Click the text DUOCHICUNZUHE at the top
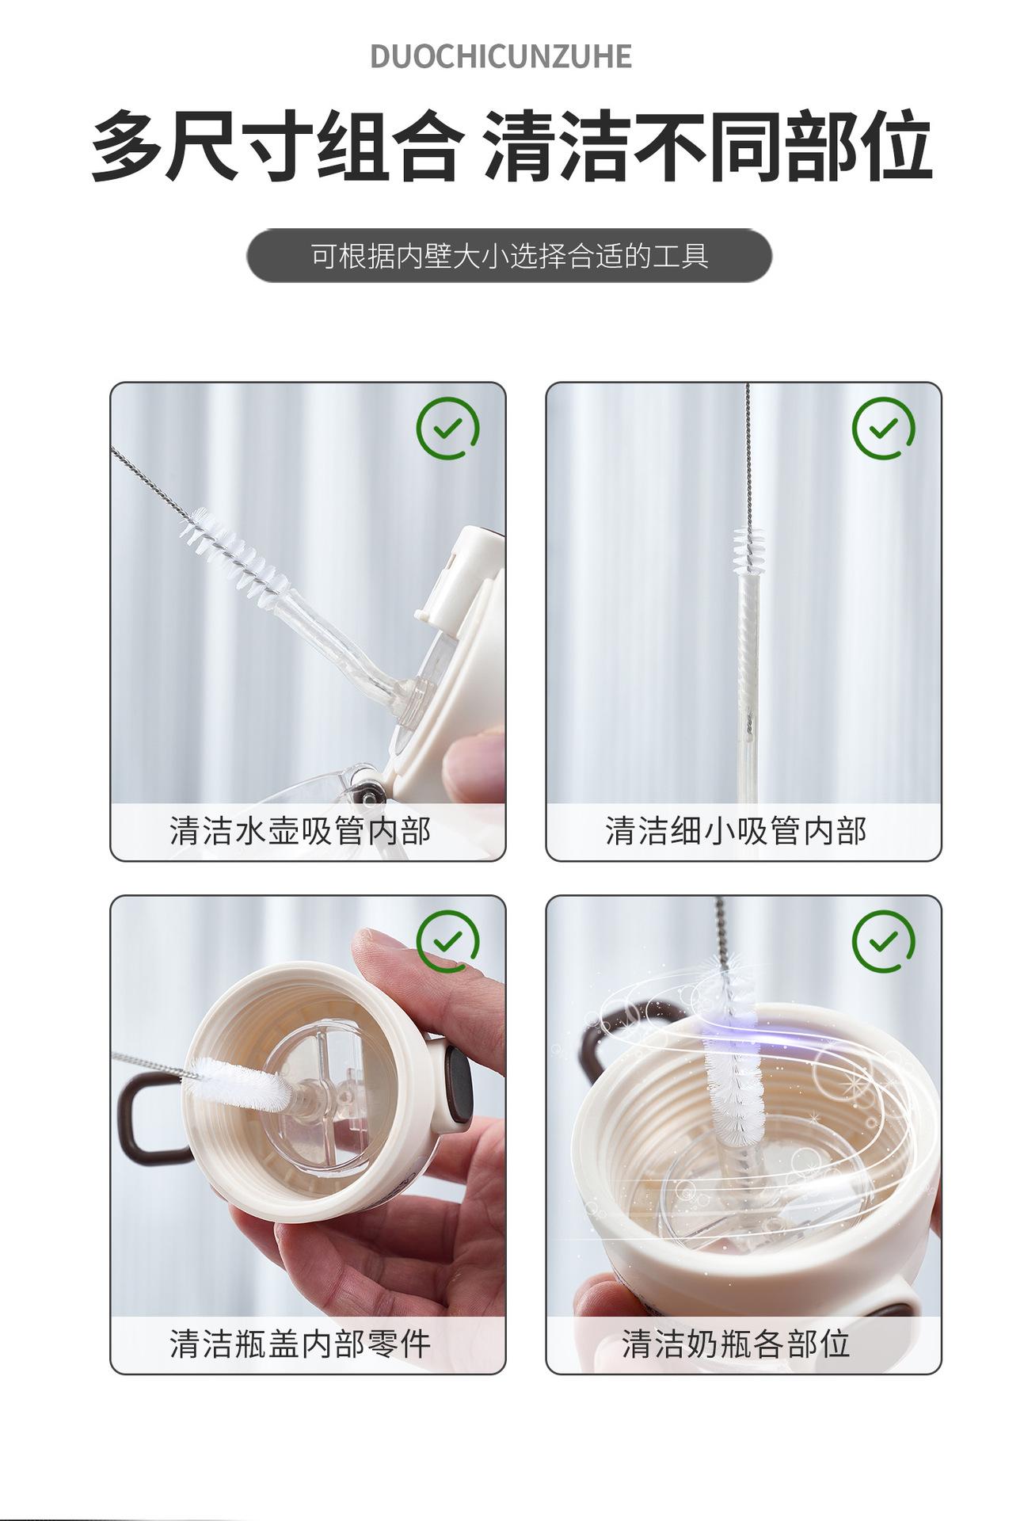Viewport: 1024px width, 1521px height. (501, 57)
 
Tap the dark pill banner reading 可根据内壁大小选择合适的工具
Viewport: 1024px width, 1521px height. (509, 256)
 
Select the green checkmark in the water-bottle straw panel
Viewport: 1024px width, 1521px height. (447, 429)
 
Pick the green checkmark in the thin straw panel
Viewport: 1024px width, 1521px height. (883, 429)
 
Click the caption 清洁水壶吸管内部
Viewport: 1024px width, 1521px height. (300, 831)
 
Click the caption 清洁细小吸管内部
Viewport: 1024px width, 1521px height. (736, 831)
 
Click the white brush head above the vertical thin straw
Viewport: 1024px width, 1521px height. (746, 551)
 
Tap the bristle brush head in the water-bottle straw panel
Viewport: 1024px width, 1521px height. (231, 551)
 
